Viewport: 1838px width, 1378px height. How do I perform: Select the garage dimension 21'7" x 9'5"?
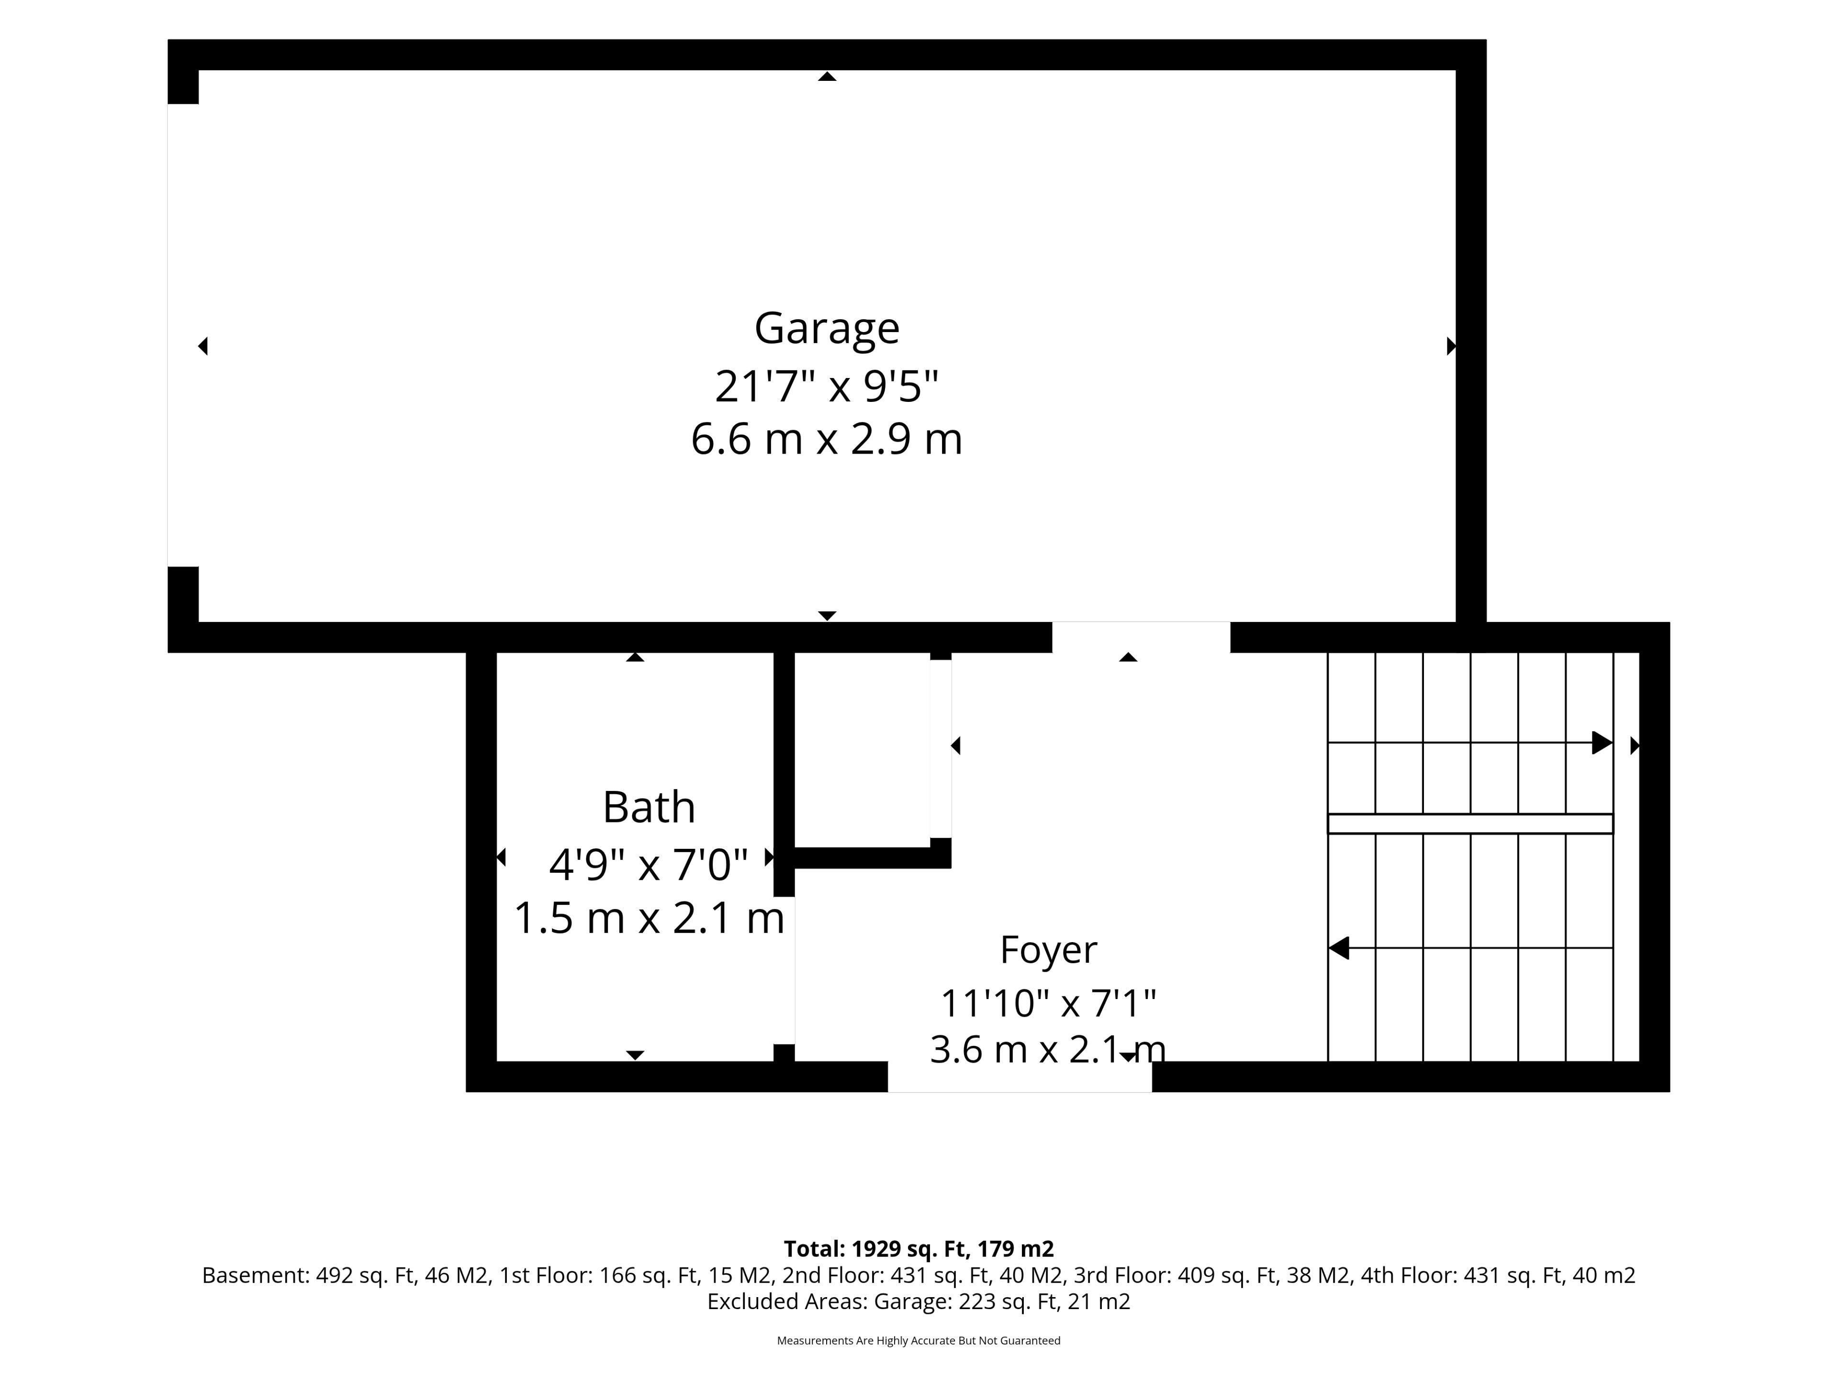tap(827, 386)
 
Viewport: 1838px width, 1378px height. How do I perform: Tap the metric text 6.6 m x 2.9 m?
tap(827, 439)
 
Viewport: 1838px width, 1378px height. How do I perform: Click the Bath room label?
tap(649, 807)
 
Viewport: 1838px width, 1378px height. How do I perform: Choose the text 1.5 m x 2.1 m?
tap(649, 918)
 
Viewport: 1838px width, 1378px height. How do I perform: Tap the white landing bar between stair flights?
tap(1470, 823)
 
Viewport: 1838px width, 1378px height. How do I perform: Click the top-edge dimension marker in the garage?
tap(827, 77)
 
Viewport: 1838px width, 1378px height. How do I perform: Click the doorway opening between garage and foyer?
tap(1141, 637)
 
